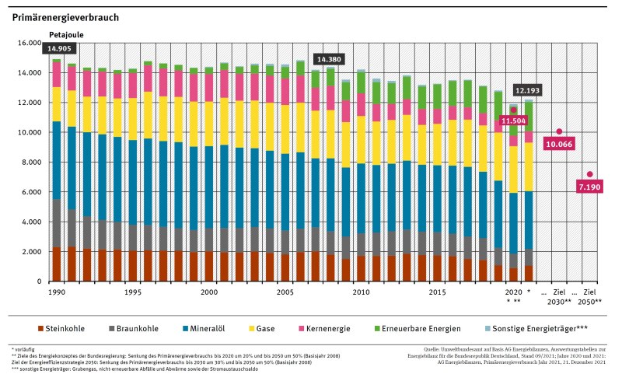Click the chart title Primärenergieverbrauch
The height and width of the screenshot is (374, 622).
pos(66,16)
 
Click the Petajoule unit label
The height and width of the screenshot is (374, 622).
pos(65,36)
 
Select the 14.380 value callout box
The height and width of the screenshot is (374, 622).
pos(327,59)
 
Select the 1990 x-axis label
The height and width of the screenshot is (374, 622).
pos(57,292)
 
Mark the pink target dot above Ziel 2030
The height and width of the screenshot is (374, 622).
pos(559,131)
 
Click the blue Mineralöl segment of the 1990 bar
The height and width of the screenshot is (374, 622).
pos(57,160)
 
